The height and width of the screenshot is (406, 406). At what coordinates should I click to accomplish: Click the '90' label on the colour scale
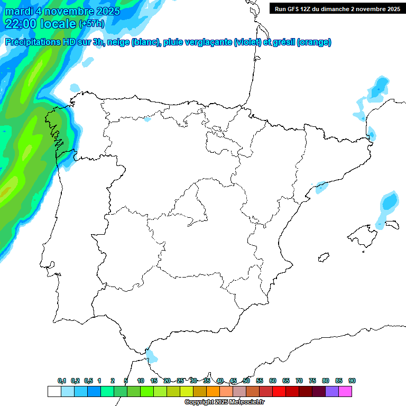pos(352,381)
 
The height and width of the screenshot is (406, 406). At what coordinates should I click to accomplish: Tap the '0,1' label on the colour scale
pos(62,381)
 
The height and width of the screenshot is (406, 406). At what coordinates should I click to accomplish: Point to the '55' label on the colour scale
pos(260,381)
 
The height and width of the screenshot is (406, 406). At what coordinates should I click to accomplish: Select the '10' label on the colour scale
pos(141,381)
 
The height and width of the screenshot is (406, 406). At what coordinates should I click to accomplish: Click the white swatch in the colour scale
pos(54,391)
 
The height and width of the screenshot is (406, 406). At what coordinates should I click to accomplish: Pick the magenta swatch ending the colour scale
pos(345,391)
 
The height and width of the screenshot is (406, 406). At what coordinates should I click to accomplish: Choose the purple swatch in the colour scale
pos(332,391)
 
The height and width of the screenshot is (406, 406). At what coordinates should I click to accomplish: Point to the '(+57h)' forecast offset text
pos(91,24)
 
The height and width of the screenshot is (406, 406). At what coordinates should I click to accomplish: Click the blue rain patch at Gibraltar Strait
pos(151,356)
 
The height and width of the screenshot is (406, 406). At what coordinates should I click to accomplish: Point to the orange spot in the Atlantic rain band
pos(4,193)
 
